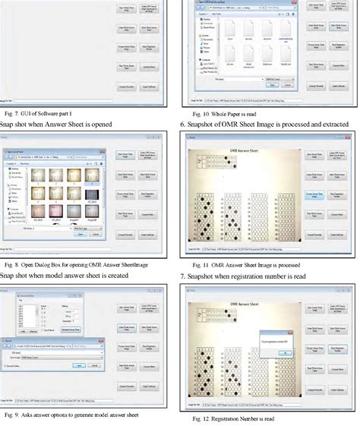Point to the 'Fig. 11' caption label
tap(197, 263)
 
